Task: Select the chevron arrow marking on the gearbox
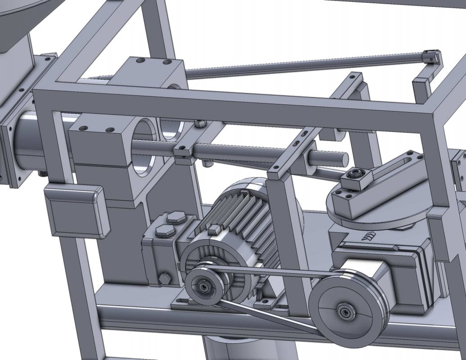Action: pyautogui.click(x=370, y=236)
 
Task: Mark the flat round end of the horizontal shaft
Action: pyautogui.click(x=342, y=158)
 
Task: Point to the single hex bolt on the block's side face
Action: pyautogui.click(x=164, y=279)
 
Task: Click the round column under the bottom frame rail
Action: pyautogui.click(x=248, y=349)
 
